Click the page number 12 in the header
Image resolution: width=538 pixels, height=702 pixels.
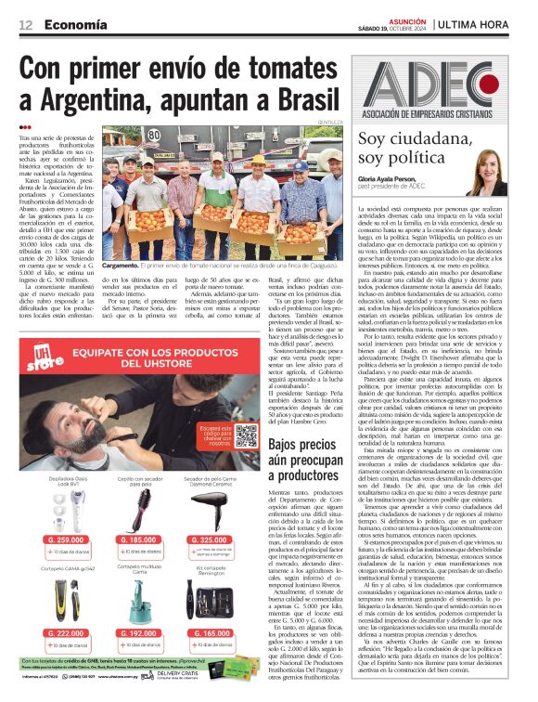26,24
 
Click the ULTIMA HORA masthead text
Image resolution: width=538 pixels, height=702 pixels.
498,23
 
